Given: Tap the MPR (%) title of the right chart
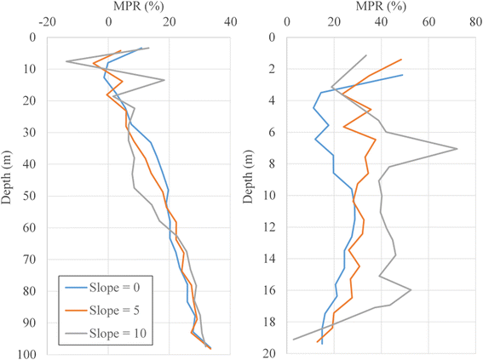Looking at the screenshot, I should click(x=378, y=7).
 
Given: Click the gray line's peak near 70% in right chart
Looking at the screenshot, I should click(x=457, y=149).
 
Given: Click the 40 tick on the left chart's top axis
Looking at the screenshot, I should click(x=230, y=23).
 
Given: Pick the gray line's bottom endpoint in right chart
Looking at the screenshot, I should click(x=293, y=340).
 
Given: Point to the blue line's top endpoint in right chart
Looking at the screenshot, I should click(x=403, y=75).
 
